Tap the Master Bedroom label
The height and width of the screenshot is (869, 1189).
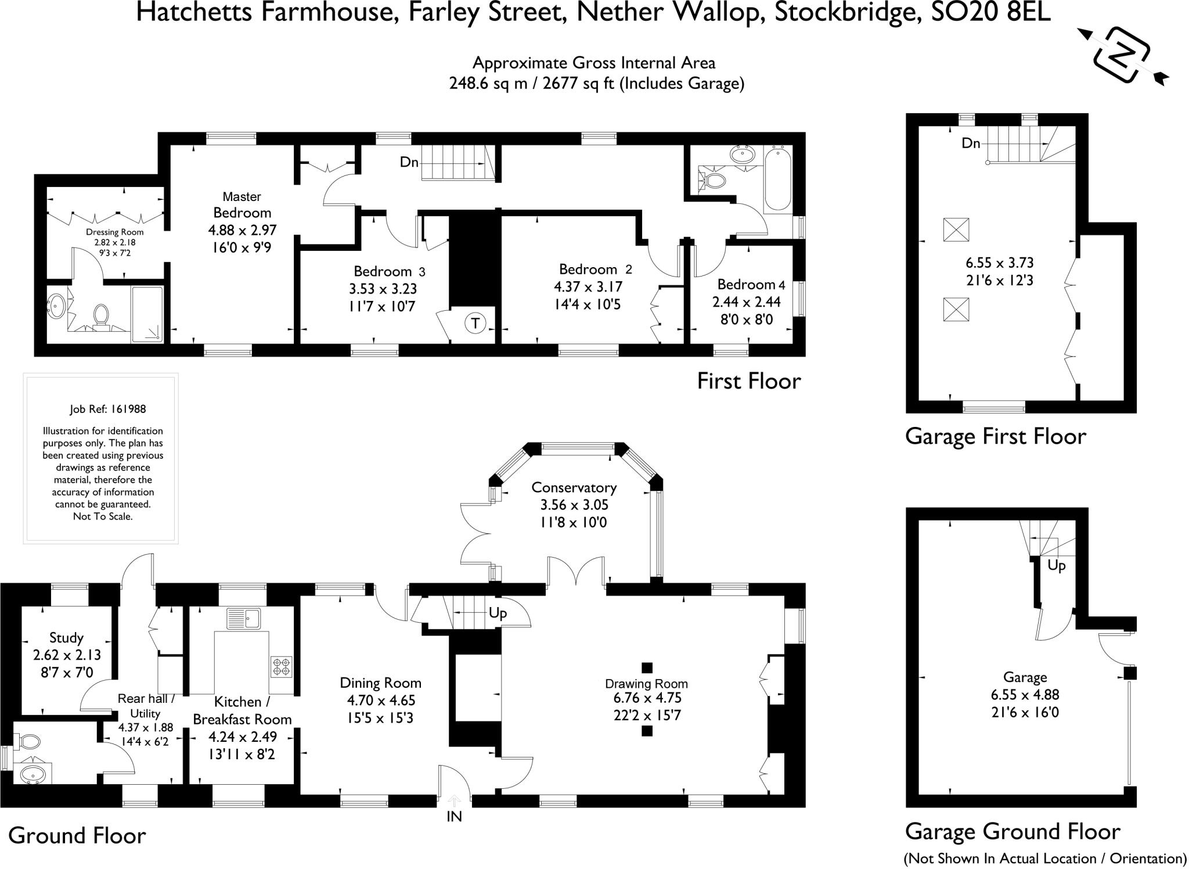click(242, 204)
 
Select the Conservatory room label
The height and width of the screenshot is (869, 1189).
click(574, 487)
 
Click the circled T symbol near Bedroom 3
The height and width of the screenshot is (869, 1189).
click(475, 323)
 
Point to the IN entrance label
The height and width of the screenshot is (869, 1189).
click(454, 817)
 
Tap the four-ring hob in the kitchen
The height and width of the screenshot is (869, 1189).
click(282, 666)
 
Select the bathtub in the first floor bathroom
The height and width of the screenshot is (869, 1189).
click(778, 179)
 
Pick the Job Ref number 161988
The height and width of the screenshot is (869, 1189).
click(127, 409)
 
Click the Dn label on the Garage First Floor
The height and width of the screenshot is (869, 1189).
click(971, 143)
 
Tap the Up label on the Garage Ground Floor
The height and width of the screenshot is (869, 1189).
click(1057, 565)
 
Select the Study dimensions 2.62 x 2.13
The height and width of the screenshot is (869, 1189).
click(67, 655)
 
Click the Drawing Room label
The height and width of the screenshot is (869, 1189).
click(646, 684)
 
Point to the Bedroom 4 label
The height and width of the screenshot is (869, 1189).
click(751, 285)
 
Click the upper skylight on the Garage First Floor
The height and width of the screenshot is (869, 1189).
click(956, 229)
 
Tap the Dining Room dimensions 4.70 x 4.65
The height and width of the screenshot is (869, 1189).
click(380, 701)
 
